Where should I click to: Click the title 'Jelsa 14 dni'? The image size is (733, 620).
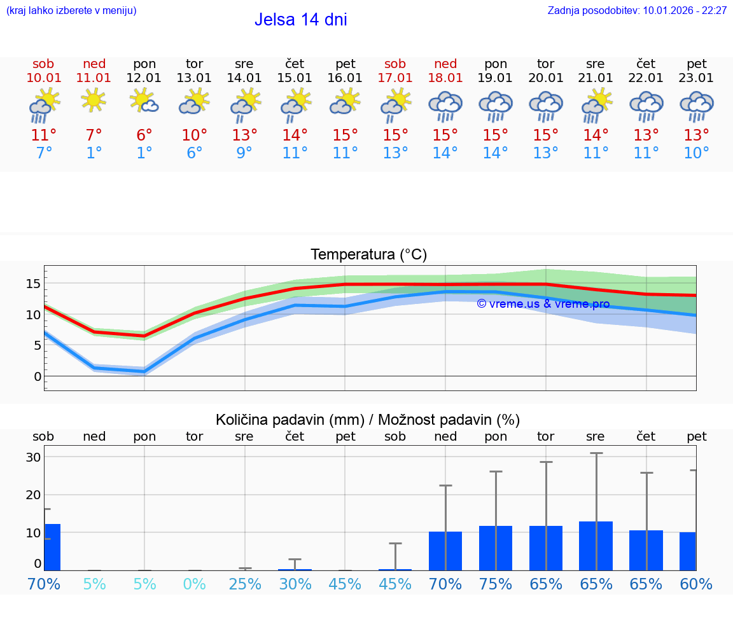click(x=300, y=20)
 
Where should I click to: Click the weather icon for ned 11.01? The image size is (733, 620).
click(x=94, y=100)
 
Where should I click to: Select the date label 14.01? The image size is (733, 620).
click(x=244, y=78)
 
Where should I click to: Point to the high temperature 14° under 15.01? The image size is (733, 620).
click(x=295, y=135)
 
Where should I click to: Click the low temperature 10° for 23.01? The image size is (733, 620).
click(x=696, y=153)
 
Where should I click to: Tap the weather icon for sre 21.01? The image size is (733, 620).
click(x=596, y=105)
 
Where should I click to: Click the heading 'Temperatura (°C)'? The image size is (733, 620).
click(x=368, y=255)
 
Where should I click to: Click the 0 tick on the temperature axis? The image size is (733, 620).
click(x=38, y=376)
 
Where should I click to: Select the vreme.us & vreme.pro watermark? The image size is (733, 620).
click(x=543, y=304)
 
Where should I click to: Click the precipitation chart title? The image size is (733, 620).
click(x=368, y=420)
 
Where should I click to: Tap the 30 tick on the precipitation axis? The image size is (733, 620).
click(x=33, y=457)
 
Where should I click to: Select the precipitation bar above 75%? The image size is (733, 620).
click(x=496, y=548)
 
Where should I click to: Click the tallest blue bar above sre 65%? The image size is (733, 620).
click(x=596, y=546)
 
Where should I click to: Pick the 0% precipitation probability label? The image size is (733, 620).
click(x=195, y=584)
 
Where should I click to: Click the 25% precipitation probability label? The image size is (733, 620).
click(x=245, y=584)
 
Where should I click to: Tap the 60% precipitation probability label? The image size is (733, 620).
click(x=696, y=584)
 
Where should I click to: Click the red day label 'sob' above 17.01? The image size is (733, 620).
click(x=395, y=64)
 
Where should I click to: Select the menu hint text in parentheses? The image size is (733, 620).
click(x=71, y=11)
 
